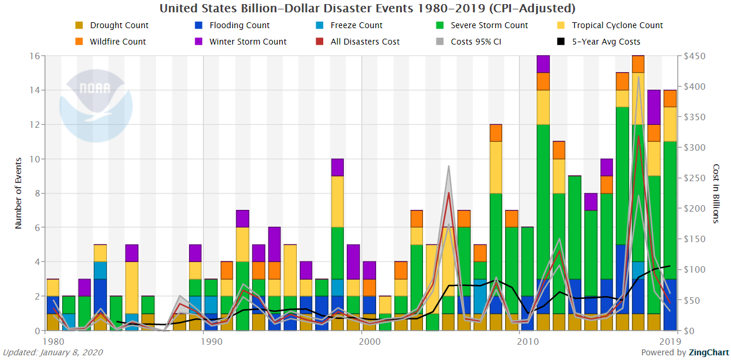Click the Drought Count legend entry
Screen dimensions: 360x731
pyautogui.click(x=120, y=25)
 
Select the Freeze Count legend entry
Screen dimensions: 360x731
pyautogui.click(x=356, y=25)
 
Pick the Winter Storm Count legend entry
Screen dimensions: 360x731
pyautogui.click(x=248, y=42)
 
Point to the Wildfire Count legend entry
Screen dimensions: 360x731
pyautogui.click(x=118, y=42)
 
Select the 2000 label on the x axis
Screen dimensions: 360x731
pyautogui.click(x=362, y=341)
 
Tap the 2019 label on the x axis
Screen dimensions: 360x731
pyautogui.click(x=669, y=341)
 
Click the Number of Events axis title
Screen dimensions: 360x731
pyautogui.click(x=18, y=193)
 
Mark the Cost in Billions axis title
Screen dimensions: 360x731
pyautogui.click(x=715, y=193)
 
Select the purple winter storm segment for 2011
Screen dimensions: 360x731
pyautogui.click(x=543, y=64)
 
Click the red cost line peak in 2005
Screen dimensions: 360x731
pyautogui.click(x=448, y=193)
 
